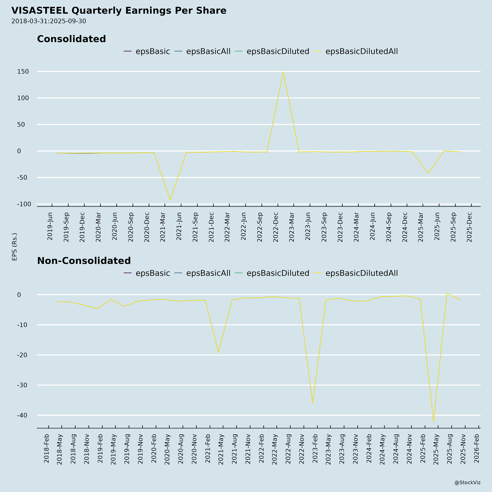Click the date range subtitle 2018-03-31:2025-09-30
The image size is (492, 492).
pyautogui.click(x=49, y=21)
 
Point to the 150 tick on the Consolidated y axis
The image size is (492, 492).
pyautogui.click(x=23, y=72)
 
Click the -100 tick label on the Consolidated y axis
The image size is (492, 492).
pyautogui.click(x=24, y=204)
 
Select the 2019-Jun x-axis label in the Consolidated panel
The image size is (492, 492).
pyautogui.click(x=50, y=226)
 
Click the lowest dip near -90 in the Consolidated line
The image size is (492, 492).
pyautogui.click(x=170, y=200)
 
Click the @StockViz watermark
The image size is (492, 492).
pyautogui.click(x=467, y=483)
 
